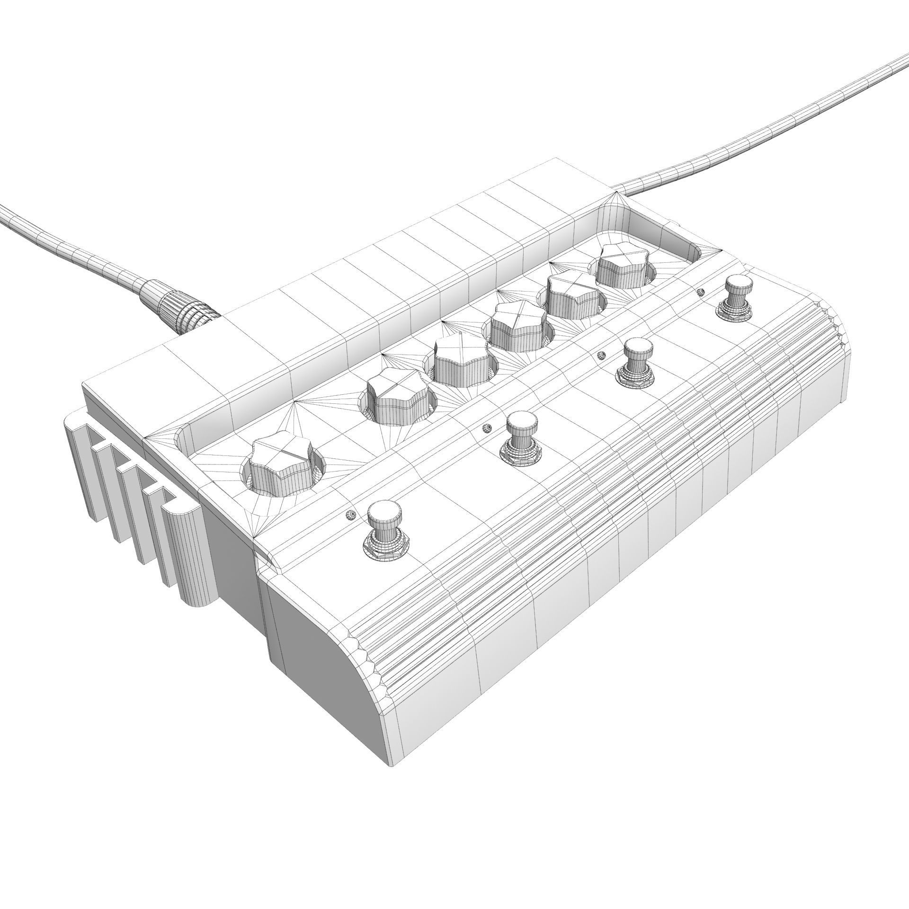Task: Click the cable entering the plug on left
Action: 71,246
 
